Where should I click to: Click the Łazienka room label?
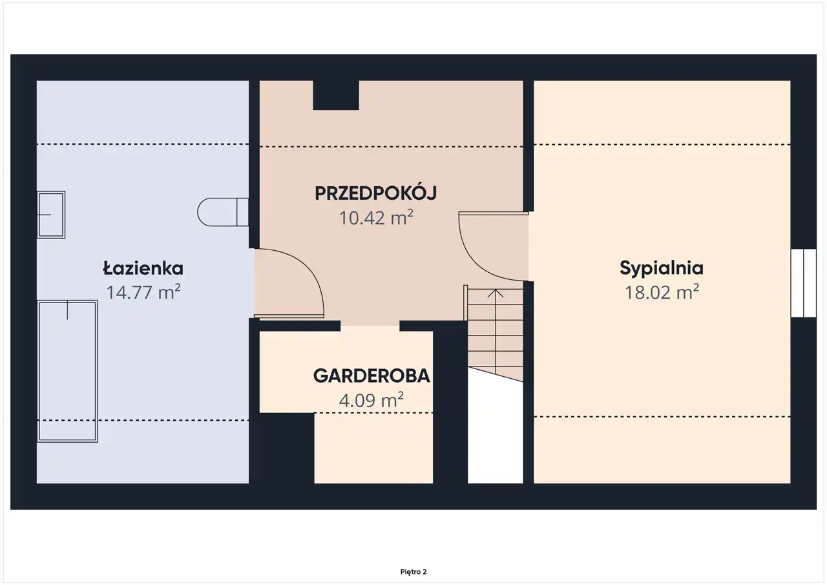tap(143, 268)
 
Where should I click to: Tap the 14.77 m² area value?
tap(143, 292)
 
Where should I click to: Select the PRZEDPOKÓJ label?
tap(376, 193)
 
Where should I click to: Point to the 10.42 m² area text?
tap(376, 217)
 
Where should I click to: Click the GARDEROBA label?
tap(372, 376)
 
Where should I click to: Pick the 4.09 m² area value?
tap(372, 400)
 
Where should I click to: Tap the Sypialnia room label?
tap(662, 268)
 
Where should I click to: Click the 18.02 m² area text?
tap(662, 292)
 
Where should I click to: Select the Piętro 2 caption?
tap(413, 571)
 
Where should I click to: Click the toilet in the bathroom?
tap(223, 212)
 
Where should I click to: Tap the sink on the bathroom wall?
tap(51, 215)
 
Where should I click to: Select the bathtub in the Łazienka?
tap(68, 371)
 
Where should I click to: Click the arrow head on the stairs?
tap(495, 293)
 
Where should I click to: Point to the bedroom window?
tap(803, 283)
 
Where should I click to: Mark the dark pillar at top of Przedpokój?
tap(336, 95)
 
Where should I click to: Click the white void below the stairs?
tap(496, 431)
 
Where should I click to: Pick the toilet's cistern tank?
tap(242, 212)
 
